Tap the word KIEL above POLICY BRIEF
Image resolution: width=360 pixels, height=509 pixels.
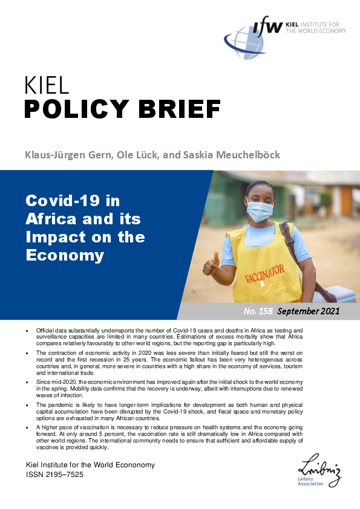47,86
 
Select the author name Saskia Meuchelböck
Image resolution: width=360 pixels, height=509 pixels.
231,155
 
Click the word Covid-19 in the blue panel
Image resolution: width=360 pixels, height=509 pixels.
63,201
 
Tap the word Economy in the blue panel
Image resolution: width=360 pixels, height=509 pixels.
65,256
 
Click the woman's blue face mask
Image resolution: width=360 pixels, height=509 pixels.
260,211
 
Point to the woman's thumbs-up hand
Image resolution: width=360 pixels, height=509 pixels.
212,264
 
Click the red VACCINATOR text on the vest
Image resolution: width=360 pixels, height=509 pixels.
264,274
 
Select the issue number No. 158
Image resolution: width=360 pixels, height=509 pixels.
258,311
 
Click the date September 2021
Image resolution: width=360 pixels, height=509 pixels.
309,311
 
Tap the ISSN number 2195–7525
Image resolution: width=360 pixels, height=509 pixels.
65,475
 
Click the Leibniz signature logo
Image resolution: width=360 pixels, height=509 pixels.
319,470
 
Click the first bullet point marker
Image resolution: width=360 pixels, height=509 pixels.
27,331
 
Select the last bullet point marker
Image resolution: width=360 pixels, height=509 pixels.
27,428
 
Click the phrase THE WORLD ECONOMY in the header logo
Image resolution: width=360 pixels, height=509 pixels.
316,31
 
